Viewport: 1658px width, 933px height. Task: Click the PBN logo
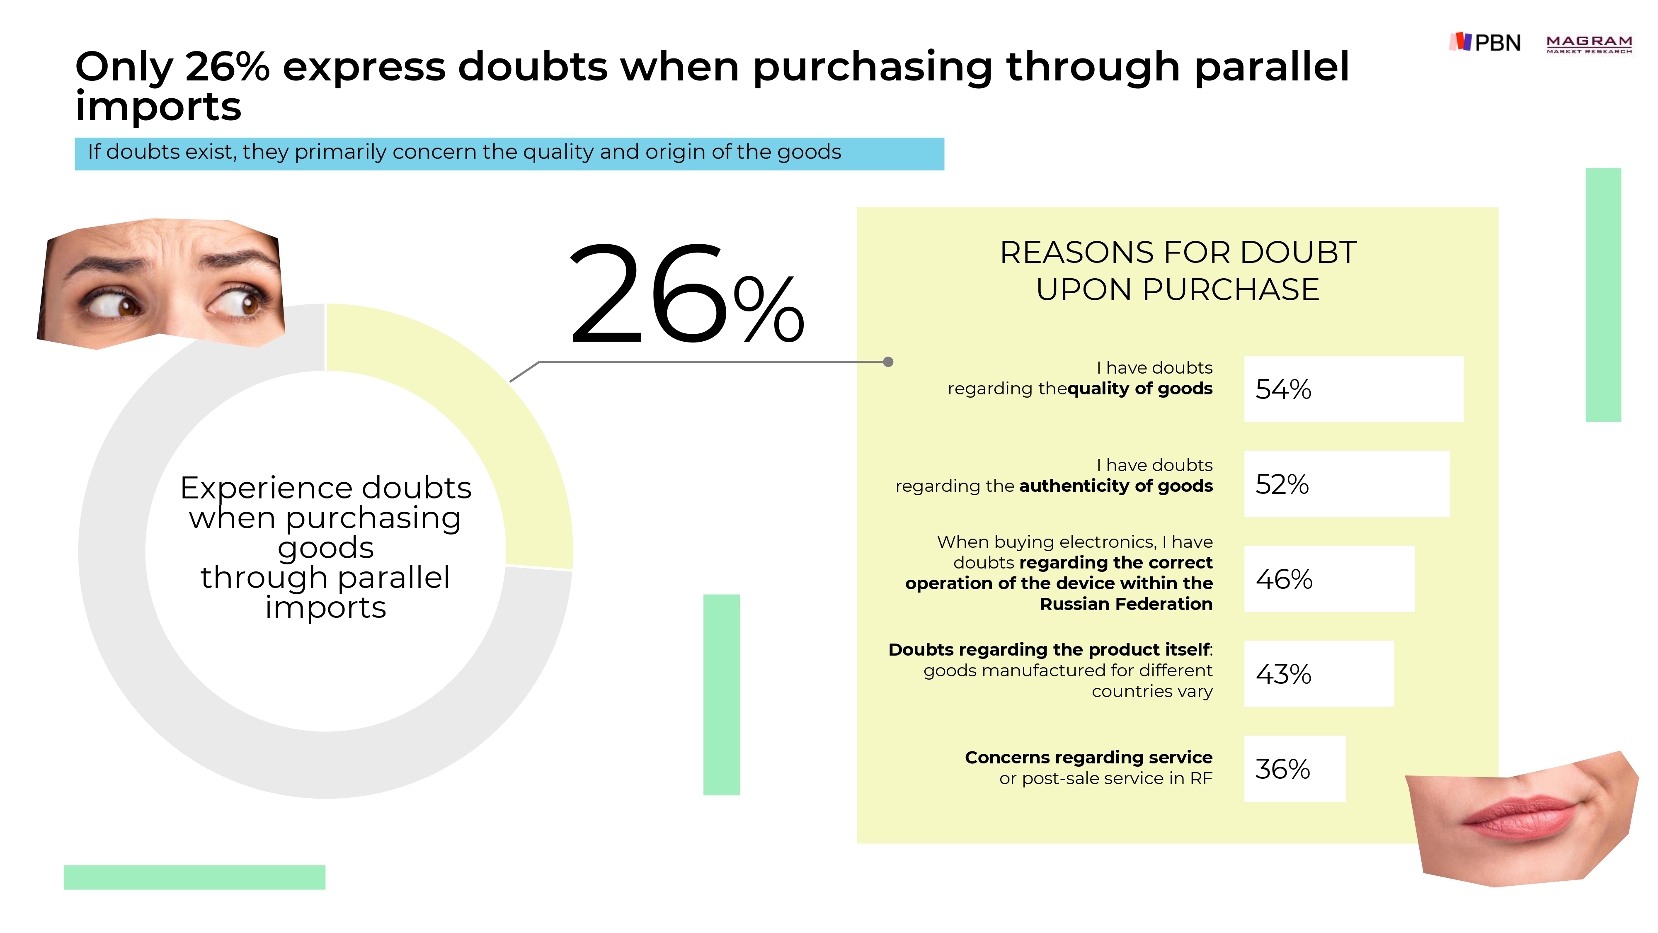[x=1484, y=42]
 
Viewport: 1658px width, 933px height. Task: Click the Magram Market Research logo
[x=1589, y=44]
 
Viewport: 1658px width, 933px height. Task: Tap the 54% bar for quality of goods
[x=1354, y=389]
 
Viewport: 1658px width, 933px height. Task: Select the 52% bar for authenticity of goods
[x=1346, y=484]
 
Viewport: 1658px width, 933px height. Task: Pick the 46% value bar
[x=1329, y=579]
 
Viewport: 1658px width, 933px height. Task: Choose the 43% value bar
[x=1319, y=673]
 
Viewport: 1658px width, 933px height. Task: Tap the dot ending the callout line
[x=888, y=362]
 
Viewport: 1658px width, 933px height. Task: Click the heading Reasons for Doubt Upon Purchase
[x=1178, y=270]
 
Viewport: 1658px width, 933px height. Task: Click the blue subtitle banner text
[x=464, y=152]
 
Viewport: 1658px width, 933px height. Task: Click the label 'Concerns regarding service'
[x=1088, y=757]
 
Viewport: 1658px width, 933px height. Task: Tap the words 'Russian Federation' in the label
[x=1126, y=604]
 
